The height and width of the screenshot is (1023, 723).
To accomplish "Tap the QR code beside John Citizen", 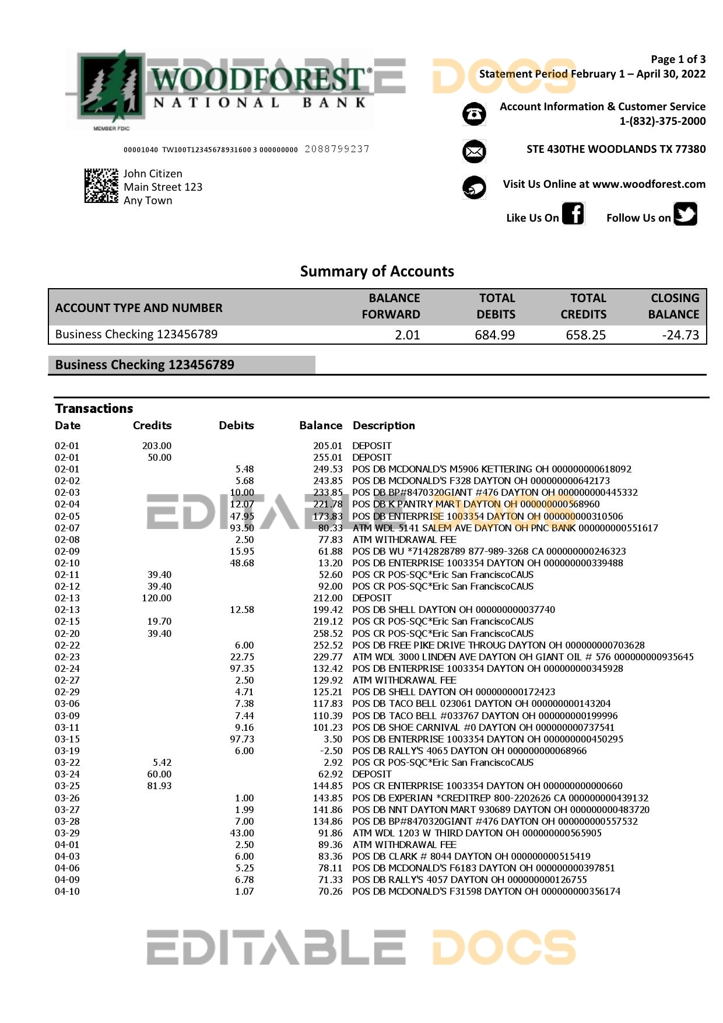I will (101, 185).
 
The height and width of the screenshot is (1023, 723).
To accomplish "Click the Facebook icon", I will (573, 213).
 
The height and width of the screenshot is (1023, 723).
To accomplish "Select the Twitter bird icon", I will (685, 213).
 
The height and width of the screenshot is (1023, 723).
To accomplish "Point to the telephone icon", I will (474, 114).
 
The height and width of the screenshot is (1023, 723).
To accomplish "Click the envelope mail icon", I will (474, 152).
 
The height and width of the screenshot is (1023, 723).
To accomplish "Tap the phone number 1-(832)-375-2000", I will (662, 121).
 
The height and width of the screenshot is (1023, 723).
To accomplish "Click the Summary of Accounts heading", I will (377, 271).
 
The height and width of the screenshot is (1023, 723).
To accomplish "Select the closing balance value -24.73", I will (680, 335).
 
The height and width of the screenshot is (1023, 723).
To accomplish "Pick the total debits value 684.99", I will (494, 335).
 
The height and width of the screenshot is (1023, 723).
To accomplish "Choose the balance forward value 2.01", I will (407, 335).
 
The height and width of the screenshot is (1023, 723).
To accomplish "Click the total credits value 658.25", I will (585, 335).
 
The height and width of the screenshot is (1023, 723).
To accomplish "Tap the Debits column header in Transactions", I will (236, 426).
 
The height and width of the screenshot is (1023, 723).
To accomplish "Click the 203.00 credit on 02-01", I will (157, 446).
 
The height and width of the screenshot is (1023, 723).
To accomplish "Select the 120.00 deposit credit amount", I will (157, 598).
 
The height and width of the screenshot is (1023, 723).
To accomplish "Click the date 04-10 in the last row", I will (67, 891).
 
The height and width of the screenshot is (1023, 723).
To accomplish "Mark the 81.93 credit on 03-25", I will (159, 786).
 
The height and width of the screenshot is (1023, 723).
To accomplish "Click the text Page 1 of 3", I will (678, 59).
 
